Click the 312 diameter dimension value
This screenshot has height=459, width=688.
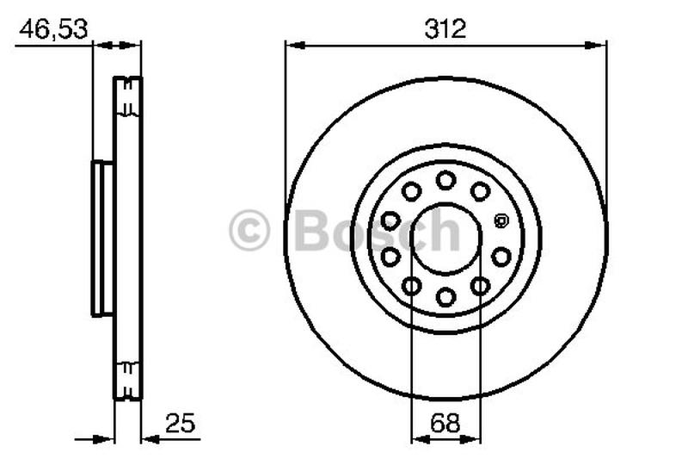[x=445, y=29]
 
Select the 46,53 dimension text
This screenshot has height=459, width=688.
[x=53, y=29]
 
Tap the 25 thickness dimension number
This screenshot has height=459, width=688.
[x=180, y=424]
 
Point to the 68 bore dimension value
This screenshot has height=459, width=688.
[x=445, y=424]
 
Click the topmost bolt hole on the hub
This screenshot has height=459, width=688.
[x=445, y=180]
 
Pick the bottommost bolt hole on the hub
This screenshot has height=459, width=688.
[x=445, y=297]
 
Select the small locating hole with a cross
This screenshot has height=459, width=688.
[x=501, y=220]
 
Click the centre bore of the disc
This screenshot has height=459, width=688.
[x=445, y=239]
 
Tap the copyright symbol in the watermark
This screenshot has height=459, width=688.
[x=249, y=230]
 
